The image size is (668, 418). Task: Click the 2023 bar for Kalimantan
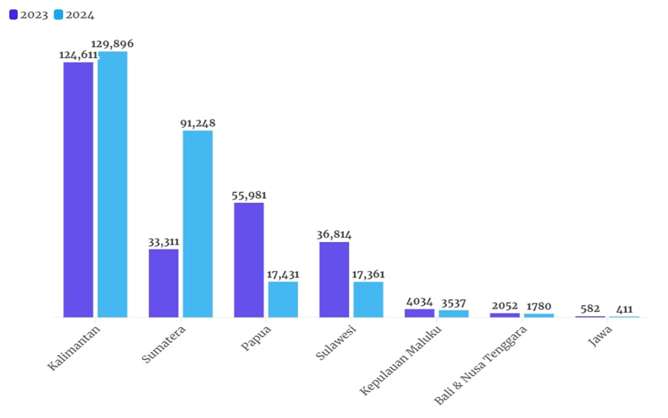[78, 190]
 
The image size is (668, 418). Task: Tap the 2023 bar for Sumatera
[163, 283]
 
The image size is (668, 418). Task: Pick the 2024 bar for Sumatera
[198, 223]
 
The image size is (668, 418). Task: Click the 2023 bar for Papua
[249, 260]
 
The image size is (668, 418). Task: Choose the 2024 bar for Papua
[283, 299]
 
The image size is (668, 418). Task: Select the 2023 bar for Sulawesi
[334, 279]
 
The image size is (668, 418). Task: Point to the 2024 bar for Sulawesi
[368, 299]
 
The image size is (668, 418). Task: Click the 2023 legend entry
[29, 14]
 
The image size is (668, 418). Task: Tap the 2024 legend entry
[73, 14]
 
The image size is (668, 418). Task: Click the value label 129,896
[113, 44]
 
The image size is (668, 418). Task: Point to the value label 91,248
[198, 123]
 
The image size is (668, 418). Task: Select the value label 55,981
[249, 196]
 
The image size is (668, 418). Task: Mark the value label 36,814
[334, 234]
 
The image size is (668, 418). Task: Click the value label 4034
[419, 301]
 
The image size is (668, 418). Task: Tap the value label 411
[624, 309]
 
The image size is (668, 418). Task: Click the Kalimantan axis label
[76, 351]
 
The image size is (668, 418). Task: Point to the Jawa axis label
[599, 341]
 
